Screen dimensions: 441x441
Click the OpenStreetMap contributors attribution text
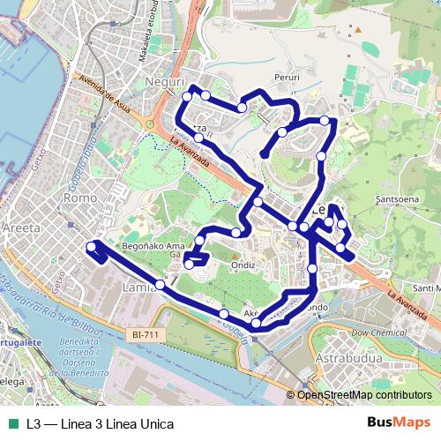[364, 395]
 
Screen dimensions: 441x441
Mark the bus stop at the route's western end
[91, 248]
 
